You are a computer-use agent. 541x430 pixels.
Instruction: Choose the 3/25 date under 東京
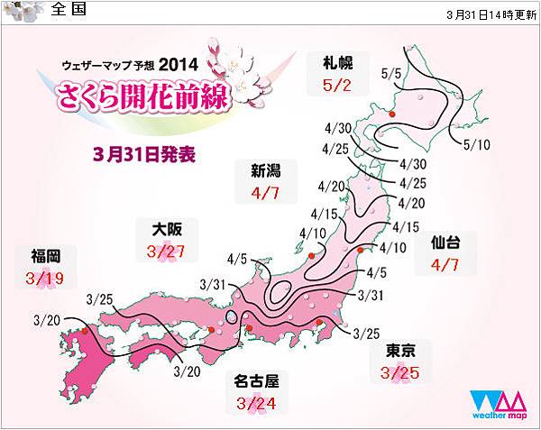400,372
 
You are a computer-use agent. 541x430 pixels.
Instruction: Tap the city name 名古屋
253,380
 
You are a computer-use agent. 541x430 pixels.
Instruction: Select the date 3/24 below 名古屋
253,402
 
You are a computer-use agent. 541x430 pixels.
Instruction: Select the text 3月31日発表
144,152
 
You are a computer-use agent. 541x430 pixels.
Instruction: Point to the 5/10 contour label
476,144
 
